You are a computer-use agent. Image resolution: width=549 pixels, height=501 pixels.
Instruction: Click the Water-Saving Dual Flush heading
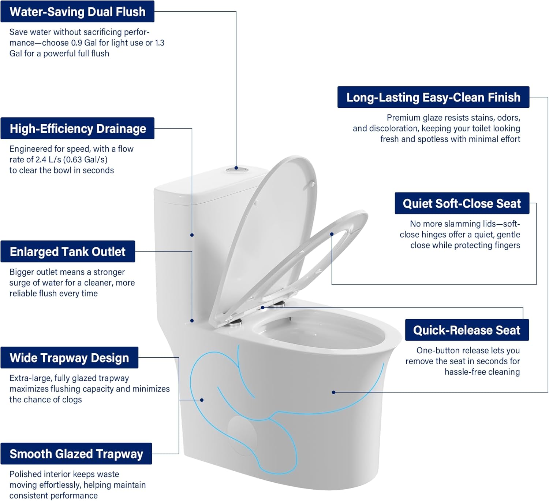[x=77, y=12]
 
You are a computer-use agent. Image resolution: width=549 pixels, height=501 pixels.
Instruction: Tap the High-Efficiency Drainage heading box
[x=78, y=129]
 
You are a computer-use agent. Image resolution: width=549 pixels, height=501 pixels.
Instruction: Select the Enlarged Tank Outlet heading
[x=68, y=252]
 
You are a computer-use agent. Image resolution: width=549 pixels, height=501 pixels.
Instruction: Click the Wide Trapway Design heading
[x=69, y=358]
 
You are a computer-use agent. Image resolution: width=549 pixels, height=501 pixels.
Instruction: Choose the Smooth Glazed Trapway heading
[x=76, y=454]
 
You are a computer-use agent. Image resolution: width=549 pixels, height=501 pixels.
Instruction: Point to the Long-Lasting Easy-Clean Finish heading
[x=433, y=97]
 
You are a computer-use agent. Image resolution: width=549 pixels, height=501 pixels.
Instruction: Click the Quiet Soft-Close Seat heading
[x=462, y=203]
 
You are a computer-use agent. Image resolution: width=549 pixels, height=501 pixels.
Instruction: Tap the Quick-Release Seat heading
[x=467, y=330]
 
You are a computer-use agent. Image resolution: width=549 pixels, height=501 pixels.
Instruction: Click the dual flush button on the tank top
[x=236, y=169]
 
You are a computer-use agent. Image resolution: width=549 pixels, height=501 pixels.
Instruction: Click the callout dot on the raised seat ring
[x=332, y=234]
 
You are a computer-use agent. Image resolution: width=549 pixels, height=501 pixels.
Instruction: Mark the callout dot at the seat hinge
[x=263, y=307]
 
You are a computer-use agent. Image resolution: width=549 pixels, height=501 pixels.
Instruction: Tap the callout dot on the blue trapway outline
[x=202, y=400]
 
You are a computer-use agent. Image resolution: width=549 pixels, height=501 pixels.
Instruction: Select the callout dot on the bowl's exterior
[x=333, y=392]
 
